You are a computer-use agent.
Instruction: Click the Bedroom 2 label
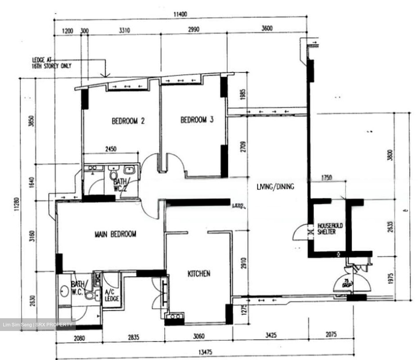[128, 121]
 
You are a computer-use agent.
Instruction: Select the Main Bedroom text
[115, 234]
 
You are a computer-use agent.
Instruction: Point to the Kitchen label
[199, 273]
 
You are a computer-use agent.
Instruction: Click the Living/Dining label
[275, 187]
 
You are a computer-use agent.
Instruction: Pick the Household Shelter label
[330, 229]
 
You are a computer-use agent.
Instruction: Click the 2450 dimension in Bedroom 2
[111, 149]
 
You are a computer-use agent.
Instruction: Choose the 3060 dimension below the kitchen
[199, 337]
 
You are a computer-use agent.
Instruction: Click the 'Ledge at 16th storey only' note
[51, 63]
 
